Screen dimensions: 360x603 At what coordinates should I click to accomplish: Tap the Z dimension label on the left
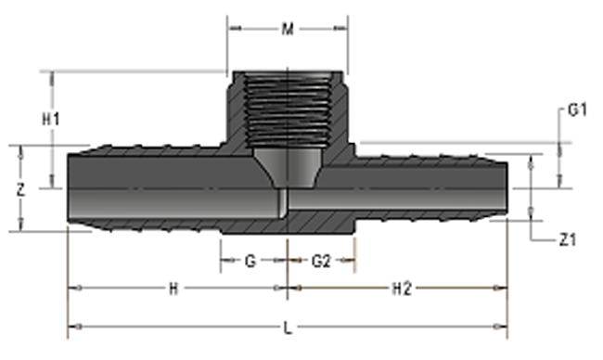(x=20, y=188)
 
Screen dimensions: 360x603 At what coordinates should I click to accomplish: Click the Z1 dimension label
(x=569, y=240)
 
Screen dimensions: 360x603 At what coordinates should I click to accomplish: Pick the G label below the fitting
(x=250, y=262)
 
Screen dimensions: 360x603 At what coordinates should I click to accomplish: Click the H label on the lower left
(x=173, y=289)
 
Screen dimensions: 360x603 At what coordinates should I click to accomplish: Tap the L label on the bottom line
(x=287, y=327)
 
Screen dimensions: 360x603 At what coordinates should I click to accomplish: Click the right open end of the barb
(x=507, y=189)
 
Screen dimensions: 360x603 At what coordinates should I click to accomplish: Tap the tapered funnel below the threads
(x=288, y=167)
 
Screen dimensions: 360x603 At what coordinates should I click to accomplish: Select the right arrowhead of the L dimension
(x=504, y=327)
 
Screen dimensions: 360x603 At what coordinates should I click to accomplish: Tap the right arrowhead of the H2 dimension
(x=504, y=289)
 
